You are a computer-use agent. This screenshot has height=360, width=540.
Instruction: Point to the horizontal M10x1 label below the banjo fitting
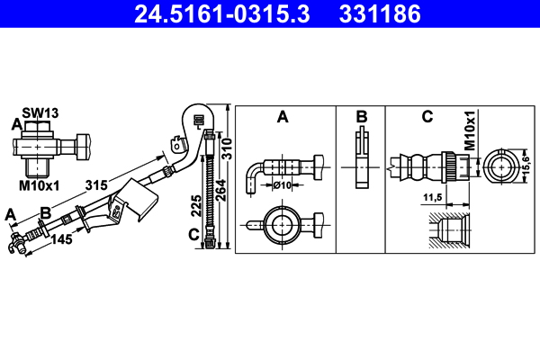pos(40,186)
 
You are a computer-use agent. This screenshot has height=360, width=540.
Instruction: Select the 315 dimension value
pos(98,184)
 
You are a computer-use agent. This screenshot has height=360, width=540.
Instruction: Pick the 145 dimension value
pos(61,238)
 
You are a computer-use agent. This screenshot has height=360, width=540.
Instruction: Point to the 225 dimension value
pos(196,208)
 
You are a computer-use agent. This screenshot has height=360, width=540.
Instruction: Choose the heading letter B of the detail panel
pos(361,116)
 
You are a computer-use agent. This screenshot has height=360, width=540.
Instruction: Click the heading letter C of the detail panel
pos(427,116)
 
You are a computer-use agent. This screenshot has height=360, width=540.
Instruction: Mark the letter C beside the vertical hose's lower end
pos(193,236)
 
